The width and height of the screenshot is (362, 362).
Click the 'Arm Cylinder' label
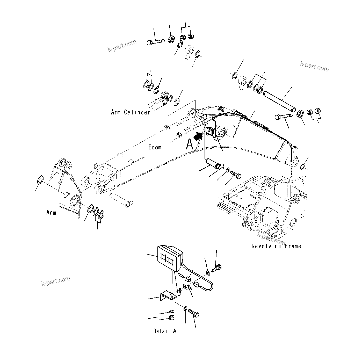click(x=131, y=112)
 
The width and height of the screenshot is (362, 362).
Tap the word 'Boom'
click(x=155, y=147)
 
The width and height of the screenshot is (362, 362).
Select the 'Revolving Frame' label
click(x=276, y=246)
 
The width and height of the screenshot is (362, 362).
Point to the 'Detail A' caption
click(x=165, y=331)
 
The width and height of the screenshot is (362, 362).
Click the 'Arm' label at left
click(x=51, y=213)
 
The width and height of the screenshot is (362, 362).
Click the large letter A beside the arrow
click(x=190, y=144)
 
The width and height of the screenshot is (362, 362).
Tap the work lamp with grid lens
click(x=170, y=258)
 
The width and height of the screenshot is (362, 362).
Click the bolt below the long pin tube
click(x=283, y=118)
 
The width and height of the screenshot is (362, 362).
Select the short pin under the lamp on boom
click(x=214, y=165)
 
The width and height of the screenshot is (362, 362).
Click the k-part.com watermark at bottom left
click(x=56, y=281)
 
